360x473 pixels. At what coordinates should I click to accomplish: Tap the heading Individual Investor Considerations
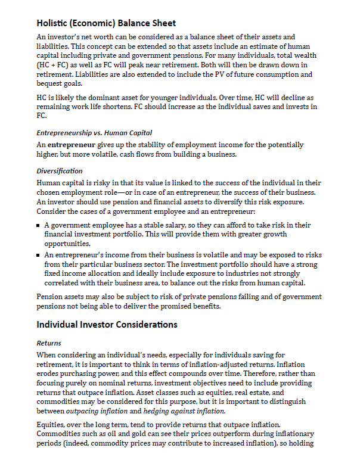[x=107, y=325]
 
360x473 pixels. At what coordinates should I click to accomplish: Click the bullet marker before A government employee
[x=39, y=226]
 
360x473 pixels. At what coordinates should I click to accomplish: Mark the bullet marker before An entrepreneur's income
[x=39, y=254]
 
